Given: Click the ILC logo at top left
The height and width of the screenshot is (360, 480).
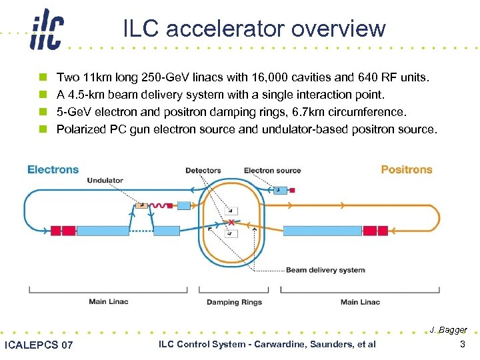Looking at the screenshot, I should pos(46,31).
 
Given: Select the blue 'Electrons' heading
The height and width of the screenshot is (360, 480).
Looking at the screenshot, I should pos(53,169).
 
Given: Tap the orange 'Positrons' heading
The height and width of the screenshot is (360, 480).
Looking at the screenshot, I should pos(406,169).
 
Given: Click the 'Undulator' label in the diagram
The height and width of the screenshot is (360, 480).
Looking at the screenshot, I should pos(105,181).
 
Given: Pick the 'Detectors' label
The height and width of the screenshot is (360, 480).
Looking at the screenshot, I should pos(203,171).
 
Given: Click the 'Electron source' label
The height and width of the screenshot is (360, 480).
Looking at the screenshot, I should pos(272,171).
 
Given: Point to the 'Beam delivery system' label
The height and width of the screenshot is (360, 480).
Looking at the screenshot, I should pos(325,270).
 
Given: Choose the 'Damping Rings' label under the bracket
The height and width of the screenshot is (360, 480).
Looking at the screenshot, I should pos(233,302).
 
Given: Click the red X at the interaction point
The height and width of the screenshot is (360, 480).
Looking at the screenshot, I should pos(231,221).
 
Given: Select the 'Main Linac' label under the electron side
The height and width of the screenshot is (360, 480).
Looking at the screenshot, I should pos(108,302).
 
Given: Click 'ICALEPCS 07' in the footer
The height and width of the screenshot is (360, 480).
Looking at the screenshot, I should pos(39,345).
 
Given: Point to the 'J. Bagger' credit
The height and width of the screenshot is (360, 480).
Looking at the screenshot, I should pos(448,330).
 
